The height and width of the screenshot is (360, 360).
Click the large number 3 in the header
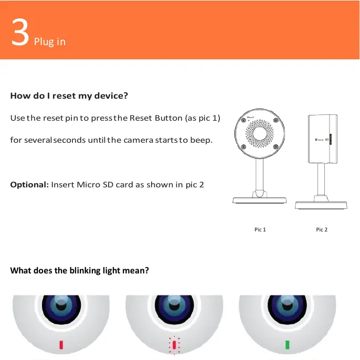20,35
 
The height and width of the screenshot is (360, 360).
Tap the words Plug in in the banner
50,41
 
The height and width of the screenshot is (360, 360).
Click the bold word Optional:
29,185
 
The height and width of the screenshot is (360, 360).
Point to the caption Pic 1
260,230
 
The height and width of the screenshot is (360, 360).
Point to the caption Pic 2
322,230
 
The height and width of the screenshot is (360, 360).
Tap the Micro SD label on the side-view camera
321,140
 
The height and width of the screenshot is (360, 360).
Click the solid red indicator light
61,345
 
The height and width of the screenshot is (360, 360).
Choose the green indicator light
287,345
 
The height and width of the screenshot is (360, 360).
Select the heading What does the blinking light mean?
80,271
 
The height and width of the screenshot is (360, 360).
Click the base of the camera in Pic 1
260,200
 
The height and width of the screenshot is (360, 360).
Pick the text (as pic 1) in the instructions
202,118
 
